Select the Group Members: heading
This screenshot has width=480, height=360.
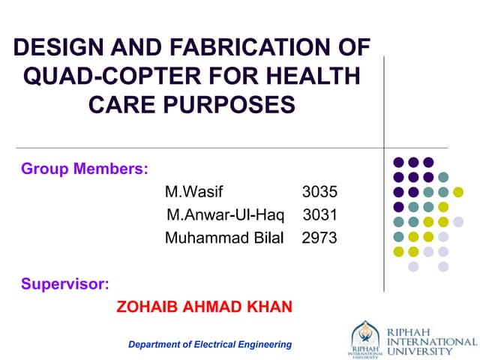[x=84, y=168]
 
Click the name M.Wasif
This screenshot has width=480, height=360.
[x=193, y=191]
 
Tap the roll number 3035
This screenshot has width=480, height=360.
[x=319, y=191]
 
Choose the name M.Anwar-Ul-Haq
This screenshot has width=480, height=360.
[x=226, y=215]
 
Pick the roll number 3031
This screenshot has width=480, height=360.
[x=319, y=215]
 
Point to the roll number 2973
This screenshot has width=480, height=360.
[x=319, y=238]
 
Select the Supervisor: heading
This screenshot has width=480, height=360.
[x=64, y=283]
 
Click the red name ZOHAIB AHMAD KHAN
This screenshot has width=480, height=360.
[x=205, y=307]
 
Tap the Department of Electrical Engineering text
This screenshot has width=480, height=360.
[x=210, y=344]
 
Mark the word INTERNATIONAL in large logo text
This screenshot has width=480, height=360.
[x=432, y=341]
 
